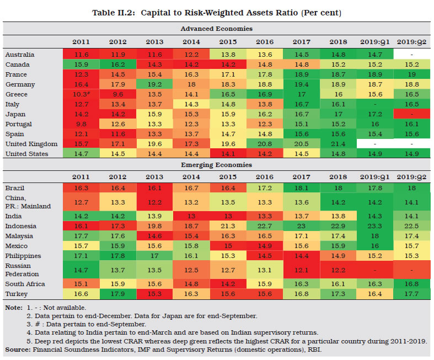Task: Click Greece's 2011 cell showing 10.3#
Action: [x=81, y=95]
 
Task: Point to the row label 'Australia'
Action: [x=20, y=55]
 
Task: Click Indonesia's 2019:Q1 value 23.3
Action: [x=374, y=226]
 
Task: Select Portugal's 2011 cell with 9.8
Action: [x=81, y=125]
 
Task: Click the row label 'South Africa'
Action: [x=25, y=284]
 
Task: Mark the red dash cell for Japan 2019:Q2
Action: [x=413, y=115]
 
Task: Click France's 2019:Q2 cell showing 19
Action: [x=413, y=75]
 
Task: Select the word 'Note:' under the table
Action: [x=14, y=308]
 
